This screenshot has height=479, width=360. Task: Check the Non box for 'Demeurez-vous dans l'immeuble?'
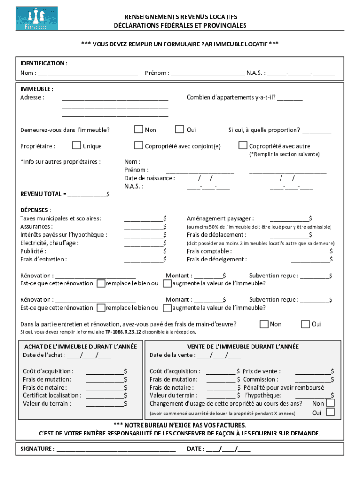tap(138, 130)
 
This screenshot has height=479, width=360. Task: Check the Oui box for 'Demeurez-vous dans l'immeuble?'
tap(179, 130)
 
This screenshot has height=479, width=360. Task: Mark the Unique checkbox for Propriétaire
tap(77, 145)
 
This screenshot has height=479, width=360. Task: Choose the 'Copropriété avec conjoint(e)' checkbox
tap(138, 145)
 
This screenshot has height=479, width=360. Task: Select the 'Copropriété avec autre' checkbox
tap(243, 145)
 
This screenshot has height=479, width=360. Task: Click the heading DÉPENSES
tap(36, 210)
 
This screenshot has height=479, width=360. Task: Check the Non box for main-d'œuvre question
tap(264, 324)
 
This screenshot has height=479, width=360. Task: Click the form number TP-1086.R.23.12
tap(122, 332)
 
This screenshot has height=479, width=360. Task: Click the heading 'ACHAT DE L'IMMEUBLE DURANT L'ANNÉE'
tap(80, 347)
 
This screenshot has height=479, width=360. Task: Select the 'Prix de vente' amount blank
tap(313, 372)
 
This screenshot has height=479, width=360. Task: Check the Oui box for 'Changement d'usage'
tap(330, 412)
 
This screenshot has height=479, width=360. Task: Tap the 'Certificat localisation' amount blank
tap(104, 396)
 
